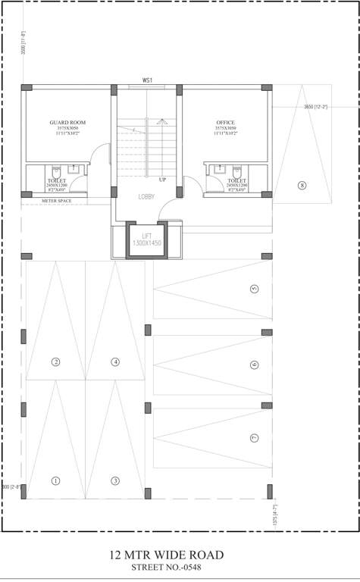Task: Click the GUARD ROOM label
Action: (x=68, y=122)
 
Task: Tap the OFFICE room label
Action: (x=225, y=122)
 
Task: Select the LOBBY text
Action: (x=146, y=196)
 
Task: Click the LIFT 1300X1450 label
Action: (x=147, y=240)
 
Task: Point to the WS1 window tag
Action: (x=148, y=80)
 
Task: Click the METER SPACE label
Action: (x=56, y=202)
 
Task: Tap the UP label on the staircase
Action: (x=162, y=180)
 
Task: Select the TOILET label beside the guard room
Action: (x=56, y=180)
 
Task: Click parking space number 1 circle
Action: (x=55, y=480)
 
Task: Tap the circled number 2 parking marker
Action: (x=55, y=361)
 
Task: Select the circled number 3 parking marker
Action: (x=115, y=480)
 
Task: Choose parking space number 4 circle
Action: (x=115, y=361)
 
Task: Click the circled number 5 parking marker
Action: (x=254, y=289)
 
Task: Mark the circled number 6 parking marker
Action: (x=254, y=365)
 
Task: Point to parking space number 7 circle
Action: (x=254, y=438)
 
